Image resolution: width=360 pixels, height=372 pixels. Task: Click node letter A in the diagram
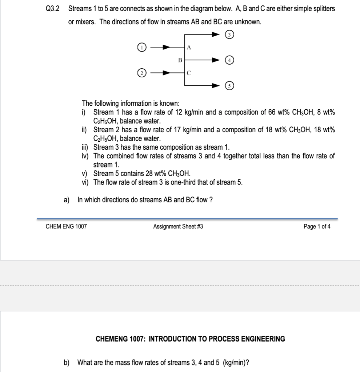tap(189, 47)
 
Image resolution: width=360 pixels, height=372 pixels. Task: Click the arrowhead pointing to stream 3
tap(216, 35)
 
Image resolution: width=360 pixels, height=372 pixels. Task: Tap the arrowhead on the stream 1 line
tap(166, 47)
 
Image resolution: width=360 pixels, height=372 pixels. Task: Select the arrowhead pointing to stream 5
tap(216, 86)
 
